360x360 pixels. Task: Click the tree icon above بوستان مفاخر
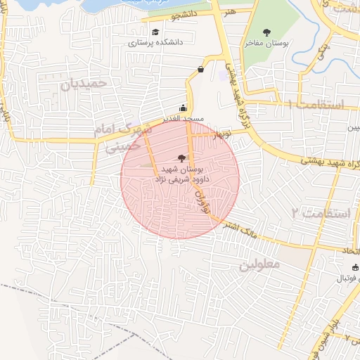click(266, 32)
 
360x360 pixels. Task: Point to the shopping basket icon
click(201, 69)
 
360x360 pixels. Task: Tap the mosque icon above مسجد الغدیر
click(184, 108)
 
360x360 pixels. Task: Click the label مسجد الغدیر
click(184, 119)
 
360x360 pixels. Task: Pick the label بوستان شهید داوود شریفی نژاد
click(182, 174)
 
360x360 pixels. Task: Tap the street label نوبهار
click(227, 134)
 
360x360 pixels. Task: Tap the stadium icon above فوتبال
click(354, 267)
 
